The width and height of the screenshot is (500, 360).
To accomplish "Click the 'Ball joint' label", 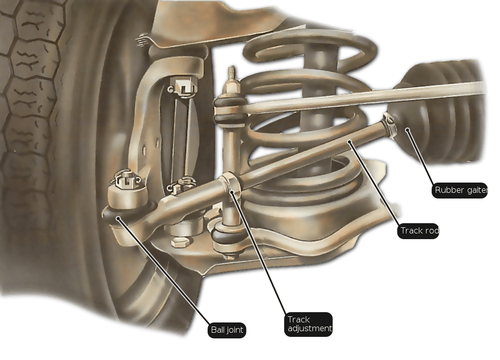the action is point(227,330).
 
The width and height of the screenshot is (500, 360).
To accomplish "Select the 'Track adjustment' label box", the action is point(308,324).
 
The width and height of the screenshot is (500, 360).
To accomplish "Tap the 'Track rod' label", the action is point(418,231).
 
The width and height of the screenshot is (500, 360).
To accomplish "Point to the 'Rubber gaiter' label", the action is point(460,190).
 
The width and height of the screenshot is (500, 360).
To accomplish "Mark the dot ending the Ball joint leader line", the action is point(118,219).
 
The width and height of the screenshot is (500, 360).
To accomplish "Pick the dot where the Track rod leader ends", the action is point(350,142).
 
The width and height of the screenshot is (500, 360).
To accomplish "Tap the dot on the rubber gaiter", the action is point(407,130).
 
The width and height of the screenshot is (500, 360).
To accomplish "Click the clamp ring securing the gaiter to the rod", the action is point(390,125).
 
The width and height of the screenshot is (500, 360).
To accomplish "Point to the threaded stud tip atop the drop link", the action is point(232,73).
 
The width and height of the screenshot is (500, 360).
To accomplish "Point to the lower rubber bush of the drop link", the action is point(228,236).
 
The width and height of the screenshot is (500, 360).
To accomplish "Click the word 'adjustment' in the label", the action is point(310,329).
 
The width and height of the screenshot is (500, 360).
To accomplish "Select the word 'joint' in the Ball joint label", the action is point(235,330).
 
